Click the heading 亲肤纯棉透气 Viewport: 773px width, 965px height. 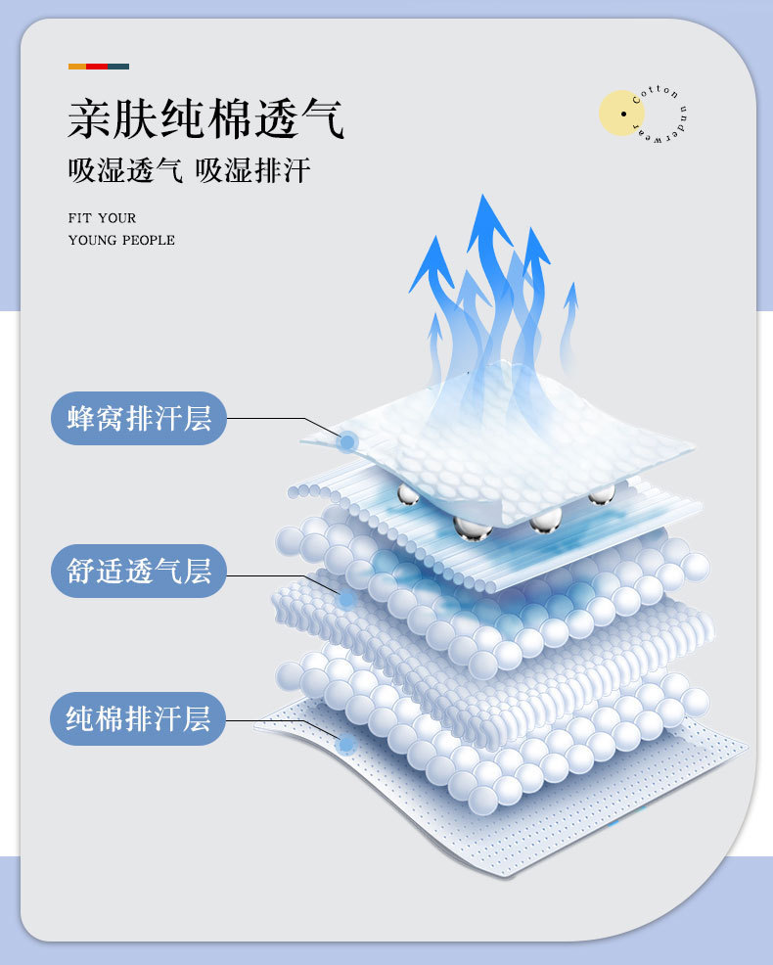[205, 119]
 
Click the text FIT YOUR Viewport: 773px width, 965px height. [102, 217]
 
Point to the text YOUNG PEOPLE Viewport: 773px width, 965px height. [121, 240]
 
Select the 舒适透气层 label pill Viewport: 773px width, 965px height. [138, 571]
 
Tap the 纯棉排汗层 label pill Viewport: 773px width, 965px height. [138, 719]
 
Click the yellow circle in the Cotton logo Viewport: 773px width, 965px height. [621, 113]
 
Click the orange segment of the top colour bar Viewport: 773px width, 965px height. [76, 67]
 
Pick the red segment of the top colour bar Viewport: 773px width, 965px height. [97, 67]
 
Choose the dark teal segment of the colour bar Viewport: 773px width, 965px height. [118, 67]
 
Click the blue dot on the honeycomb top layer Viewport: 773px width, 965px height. [346, 442]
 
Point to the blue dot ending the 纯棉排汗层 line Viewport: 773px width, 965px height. [344, 746]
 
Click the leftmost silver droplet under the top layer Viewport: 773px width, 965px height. [407, 496]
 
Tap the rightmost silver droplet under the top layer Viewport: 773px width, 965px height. [601, 493]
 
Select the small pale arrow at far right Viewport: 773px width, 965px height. [569, 294]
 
